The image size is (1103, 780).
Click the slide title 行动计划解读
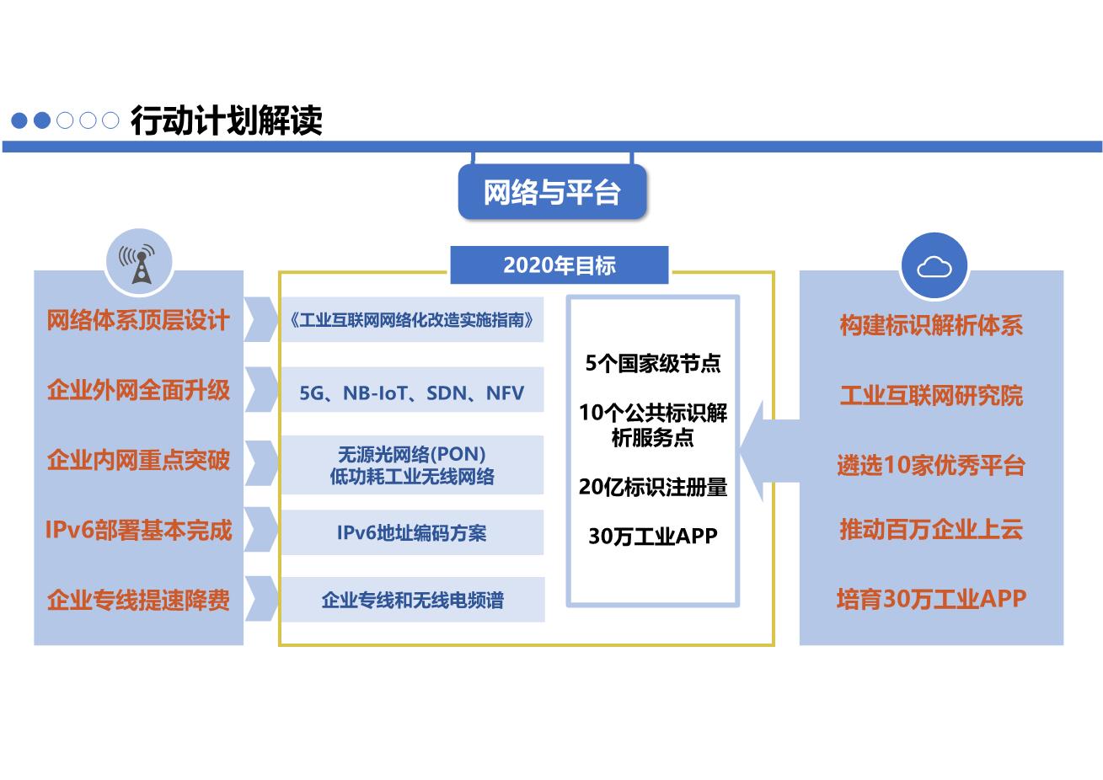pyautogui.click(x=226, y=120)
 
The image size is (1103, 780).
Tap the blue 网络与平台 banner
pyautogui.click(x=552, y=191)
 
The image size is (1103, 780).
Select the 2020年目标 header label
pyautogui.click(x=560, y=264)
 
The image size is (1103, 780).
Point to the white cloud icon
pyautogui.click(x=934, y=267)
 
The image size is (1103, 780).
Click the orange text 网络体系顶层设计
pyautogui.click(x=138, y=320)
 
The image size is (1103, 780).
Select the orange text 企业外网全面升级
pyautogui.click(x=138, y=390)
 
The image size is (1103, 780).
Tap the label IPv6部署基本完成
pyautogui.click(x=138, y=530)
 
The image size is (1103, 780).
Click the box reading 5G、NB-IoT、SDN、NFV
pyautogui.click(x=413, y=389)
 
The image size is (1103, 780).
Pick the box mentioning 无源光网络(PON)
pyautogui.click(x=413, y=465)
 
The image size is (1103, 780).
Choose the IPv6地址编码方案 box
pyautogui.click(x=413, y=532)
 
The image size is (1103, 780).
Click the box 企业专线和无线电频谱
pyautogui.click(x=413, y=600)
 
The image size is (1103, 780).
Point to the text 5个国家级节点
pyautogui.click(x=653, y=363)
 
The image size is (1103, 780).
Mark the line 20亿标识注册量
pyautogui.click(x=653, y=487)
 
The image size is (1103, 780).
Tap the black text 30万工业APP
pyautogui.click(x=653, y=536)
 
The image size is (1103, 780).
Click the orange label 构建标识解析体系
pyautogui.click(x=931, y=325)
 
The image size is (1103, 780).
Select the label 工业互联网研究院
pyautogui.click(x=931, y=395)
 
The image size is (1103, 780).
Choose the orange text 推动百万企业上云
pyautogui.click(x=931, y=529)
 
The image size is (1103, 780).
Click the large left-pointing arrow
pyautogui.click(x=769, y=451)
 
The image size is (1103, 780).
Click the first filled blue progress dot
pyautogui.click(x=19, y=120)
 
